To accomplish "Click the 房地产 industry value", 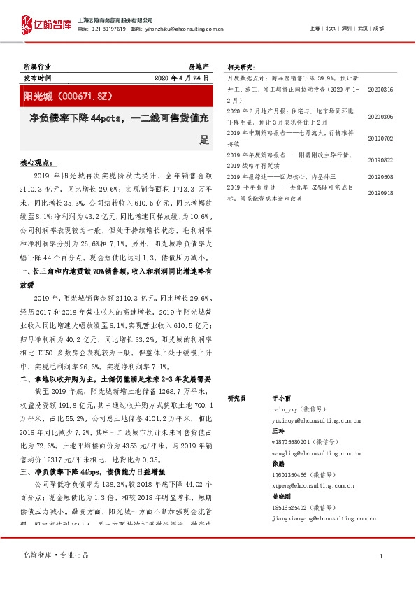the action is click(x=199, y=66).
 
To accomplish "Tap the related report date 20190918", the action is click(x=380, y=192).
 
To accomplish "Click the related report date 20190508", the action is click(x=380, y=177).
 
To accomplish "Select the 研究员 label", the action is click(x=238, y=397).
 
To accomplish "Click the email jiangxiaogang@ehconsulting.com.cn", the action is click(x=320, y=518).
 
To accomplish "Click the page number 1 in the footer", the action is click(x=380, y=555).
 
